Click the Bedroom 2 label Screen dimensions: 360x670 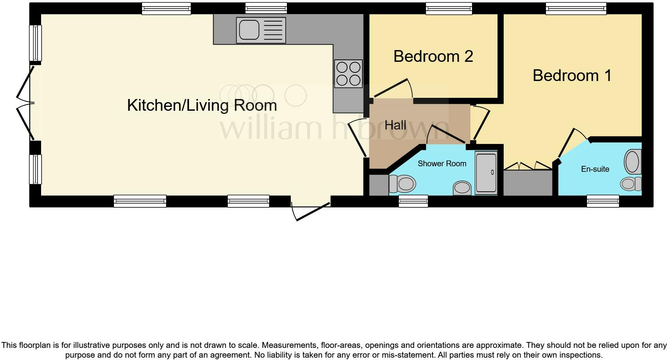[x=433, y=56]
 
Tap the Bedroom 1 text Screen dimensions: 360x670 [x=572, y=76]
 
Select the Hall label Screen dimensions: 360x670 [x=395, y=125]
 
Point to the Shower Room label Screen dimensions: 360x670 [x=442, y=164]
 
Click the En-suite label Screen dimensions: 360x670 [x=595, y=169]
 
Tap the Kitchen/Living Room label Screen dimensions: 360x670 [x=202, y=105]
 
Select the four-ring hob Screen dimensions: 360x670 [x=348, y=74]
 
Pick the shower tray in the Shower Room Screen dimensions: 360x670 [x=486, y=173]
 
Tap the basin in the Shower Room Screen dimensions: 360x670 [x=462, y=188]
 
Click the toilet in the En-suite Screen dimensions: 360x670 [x=630, y=184]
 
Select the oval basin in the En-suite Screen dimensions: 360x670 [x=632, y=162]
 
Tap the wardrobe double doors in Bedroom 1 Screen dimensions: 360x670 [x=528, y=166]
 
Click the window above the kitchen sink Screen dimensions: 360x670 [x=266, y=8]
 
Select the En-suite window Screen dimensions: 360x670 [x=603, y=201]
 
